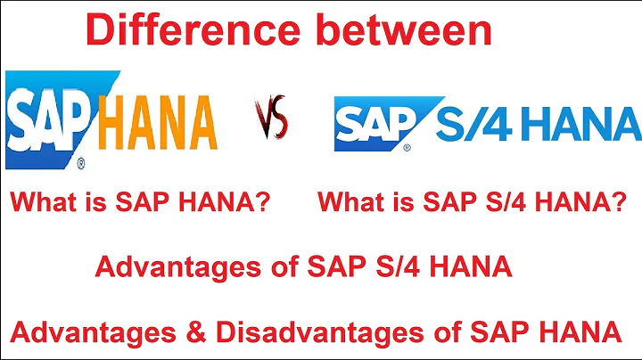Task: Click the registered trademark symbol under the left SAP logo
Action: click(x=81, y=163)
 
